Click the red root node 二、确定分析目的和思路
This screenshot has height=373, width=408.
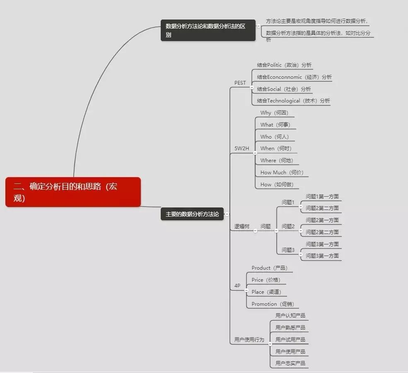73,192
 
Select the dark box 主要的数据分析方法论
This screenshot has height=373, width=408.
192,214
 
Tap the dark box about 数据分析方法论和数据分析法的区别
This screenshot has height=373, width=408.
208,30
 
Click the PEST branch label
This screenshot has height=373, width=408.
240,83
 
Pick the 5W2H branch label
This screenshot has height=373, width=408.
241,148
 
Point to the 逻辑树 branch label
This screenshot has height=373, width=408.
241,226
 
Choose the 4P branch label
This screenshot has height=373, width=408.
237,286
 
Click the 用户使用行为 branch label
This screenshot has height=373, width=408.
249,339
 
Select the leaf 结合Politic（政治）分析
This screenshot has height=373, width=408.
284,65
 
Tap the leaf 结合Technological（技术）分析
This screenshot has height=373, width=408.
293,100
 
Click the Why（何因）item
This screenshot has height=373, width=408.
274,112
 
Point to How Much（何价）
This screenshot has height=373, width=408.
282,172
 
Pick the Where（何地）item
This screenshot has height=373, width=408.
277,160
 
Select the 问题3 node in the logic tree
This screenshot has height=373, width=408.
288,250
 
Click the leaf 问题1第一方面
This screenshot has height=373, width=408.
322,196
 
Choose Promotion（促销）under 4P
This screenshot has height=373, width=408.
273,304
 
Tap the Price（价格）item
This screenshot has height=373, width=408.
266,280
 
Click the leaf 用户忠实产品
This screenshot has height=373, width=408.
290,363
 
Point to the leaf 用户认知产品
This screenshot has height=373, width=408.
290,315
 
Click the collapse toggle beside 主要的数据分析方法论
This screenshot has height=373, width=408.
227,214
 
